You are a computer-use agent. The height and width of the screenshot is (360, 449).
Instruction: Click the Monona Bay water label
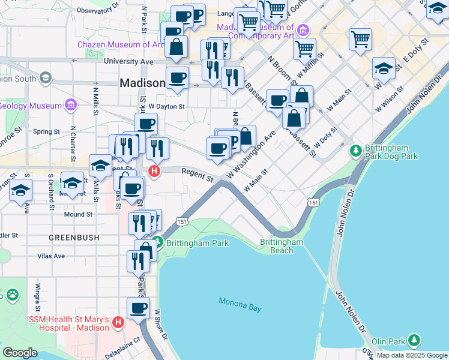pos(240,304)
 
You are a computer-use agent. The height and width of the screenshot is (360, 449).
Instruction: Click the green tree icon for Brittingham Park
pos(157,243)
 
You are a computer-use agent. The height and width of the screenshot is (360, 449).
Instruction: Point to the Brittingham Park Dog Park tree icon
pos(356,149)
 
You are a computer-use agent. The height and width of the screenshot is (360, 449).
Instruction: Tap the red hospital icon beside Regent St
pos(154,172)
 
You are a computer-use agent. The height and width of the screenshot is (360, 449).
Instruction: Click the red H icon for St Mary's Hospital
pos(118,323)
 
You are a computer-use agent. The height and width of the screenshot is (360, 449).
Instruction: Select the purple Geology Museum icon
pos(71,106)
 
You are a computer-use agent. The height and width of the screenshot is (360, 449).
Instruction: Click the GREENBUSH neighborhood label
pos(74,238)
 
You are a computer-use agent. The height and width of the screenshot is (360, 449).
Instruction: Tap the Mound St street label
pos(78,214)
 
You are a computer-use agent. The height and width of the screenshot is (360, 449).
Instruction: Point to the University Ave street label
pos(128,61)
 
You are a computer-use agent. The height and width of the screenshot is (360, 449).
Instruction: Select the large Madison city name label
pos(142,83)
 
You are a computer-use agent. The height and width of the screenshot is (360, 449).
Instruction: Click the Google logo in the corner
pos(20,353)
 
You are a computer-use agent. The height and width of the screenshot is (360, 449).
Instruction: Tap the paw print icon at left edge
pos(12,295)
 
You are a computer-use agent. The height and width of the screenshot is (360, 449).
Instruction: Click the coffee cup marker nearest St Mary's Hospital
pos(139,308)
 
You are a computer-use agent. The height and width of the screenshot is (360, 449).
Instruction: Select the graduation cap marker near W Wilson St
pos(384,68)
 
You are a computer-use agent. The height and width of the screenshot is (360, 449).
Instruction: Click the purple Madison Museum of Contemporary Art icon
pos(303,29)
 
